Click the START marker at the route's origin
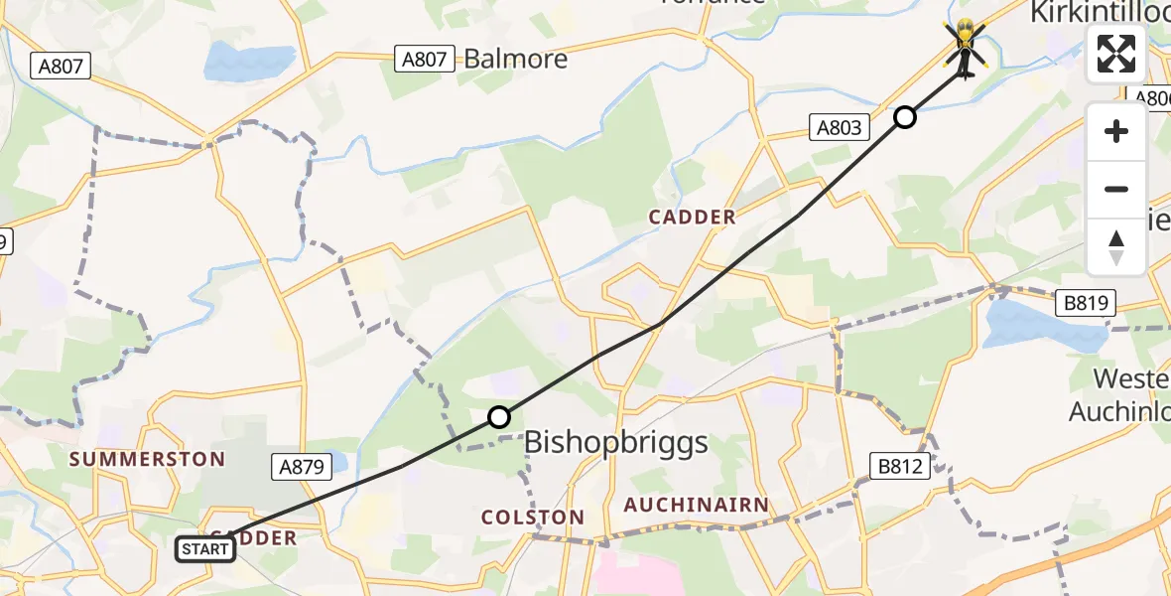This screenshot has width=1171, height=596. (206, 548)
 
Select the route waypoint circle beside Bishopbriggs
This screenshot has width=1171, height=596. (499, 417)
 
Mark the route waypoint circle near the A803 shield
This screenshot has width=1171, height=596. (905, 117)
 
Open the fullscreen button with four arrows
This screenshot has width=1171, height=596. (1116, 54)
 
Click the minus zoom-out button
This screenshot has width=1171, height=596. (1116, 189)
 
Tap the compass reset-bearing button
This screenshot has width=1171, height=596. (1116, 245)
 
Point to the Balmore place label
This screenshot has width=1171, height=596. (516, 59)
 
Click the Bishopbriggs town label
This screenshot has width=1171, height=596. (615, 442)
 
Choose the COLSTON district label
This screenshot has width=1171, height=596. (532, 518)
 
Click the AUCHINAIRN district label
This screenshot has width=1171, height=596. (696, 506)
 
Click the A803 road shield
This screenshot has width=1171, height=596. (840, 127)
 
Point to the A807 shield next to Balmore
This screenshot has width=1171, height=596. (424, 59)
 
